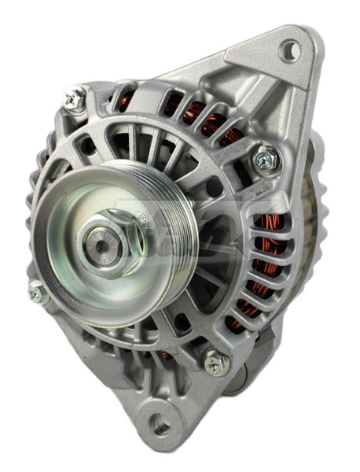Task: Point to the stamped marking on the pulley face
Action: [144, 221]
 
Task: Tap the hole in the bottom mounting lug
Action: [160, 426]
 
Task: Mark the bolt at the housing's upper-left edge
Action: [75, 98]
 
